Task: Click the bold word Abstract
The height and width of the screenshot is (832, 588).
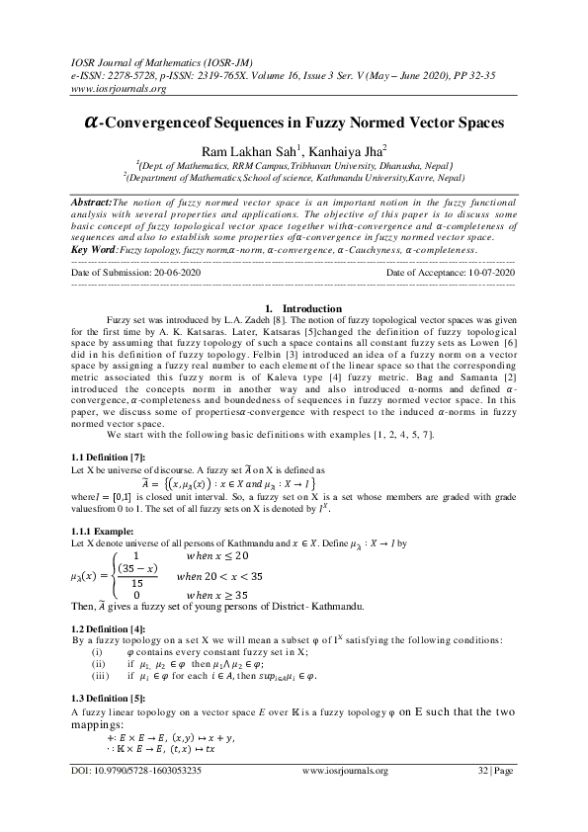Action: coord(91,201)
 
